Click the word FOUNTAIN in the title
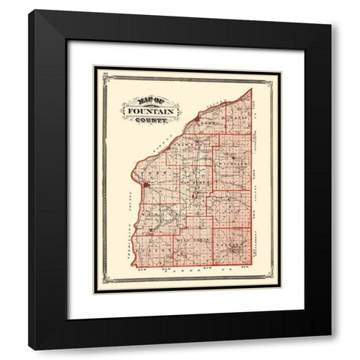click(151, 111)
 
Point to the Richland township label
click(233, 160)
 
